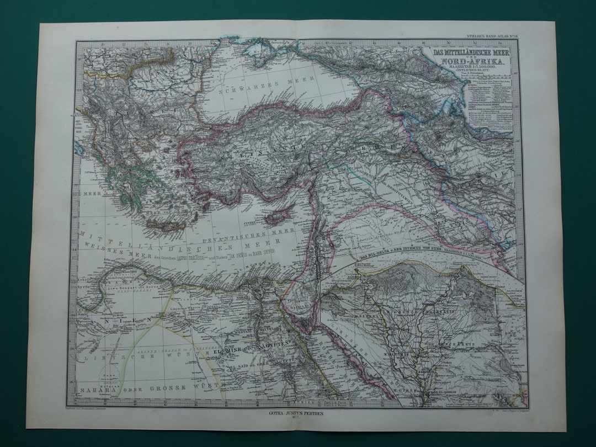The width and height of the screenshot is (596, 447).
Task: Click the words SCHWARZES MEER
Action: [x=254, y=91]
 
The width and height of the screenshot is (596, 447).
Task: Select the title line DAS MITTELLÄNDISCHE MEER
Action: [x=471, y=52]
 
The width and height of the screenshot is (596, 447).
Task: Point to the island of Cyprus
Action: [x=279, y=217]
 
